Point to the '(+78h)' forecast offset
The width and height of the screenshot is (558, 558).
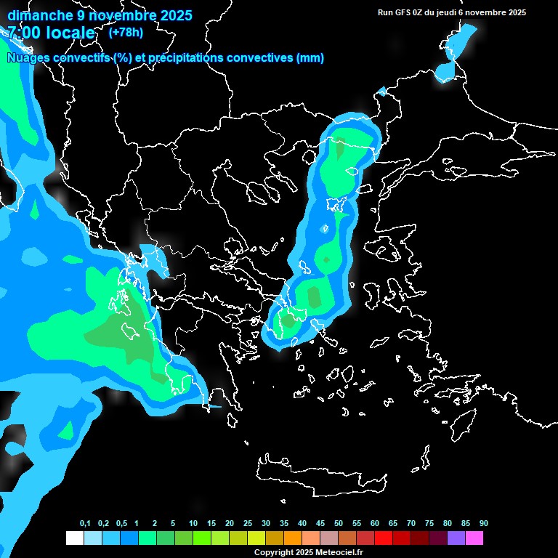click(126, 32)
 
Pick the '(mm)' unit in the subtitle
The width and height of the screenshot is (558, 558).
click(310, 58)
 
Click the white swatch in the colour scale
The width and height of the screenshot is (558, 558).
click(74, 538)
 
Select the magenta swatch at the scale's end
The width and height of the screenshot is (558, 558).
click(474, 538)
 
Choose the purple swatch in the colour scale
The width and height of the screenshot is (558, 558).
click(456, 538)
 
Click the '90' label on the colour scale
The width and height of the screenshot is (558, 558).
click(483, 524)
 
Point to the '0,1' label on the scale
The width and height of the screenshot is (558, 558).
click(85, 524)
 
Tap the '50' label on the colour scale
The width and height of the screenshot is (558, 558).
click(339, 524)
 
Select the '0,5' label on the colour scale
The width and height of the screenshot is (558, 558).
click(121, 524)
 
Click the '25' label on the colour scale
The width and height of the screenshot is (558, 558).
click(248, 524)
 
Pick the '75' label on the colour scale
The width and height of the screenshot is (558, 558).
click(429, 524)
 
